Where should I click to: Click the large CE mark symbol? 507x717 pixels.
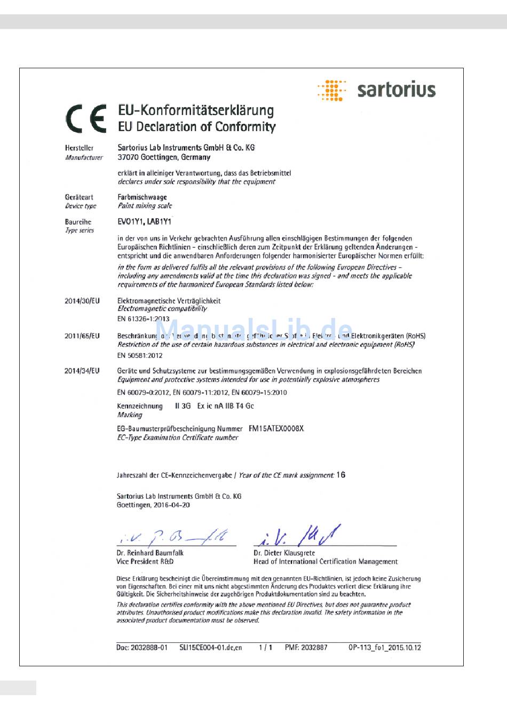(85, 118)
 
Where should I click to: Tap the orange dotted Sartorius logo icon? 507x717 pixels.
(331, 90)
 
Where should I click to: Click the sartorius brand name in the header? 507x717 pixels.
(396, 90)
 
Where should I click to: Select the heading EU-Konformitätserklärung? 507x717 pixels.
(196, 110)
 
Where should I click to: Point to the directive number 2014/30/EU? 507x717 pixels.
(82, 301)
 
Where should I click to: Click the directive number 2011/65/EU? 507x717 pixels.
(82, 336)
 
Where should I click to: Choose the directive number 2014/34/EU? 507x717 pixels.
(82, 371)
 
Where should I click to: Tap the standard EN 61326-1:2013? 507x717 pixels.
(143, 319)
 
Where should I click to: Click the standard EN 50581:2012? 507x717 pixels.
(140, 355)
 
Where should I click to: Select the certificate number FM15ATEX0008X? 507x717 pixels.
(276, 428)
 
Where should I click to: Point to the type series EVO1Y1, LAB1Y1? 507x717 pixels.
(145, 221)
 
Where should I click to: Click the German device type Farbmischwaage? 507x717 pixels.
(142, 197)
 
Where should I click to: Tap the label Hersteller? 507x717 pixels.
(79, 148)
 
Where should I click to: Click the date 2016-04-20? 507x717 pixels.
(171, 505)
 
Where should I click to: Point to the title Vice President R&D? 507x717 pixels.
(145, 561)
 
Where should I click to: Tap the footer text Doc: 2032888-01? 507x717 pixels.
(142, 648)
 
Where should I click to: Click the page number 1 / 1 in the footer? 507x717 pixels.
(265, 648)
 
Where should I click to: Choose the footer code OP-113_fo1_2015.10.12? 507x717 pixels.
(384, 648)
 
